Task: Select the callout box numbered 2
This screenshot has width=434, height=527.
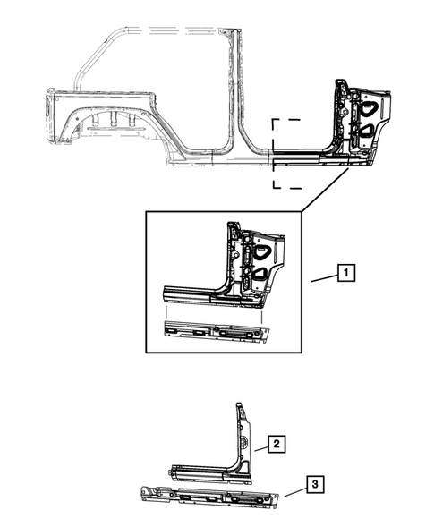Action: [277, 444]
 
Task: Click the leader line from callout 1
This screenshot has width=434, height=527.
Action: [324, 278]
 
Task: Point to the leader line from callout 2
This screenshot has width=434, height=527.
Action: [260, 447]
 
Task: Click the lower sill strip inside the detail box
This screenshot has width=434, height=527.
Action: [215, 331]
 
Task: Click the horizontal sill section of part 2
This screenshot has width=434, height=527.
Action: [201, 466]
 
